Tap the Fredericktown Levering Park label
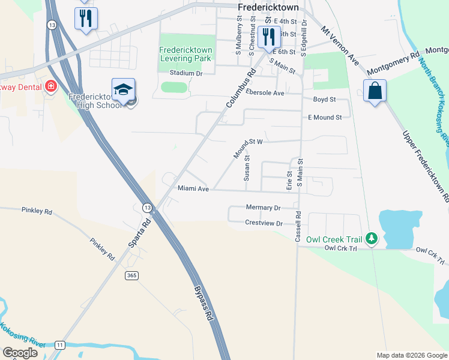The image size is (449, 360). click(x=185, y=55)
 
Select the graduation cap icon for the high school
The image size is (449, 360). click(x=124, y=90)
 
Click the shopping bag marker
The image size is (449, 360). click(x=375, y=91)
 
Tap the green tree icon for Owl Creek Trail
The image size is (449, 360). click(x=372, y=239)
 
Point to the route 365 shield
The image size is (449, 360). click(x=133, y=275)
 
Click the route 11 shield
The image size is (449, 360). click(x=59, y=345)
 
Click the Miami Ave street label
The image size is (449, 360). click(x=193, y=188)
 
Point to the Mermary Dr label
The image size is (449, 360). click(x=264, y=208)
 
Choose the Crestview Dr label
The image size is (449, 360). click(x=264, y=223)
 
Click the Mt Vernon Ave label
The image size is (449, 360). click(x=340, y=46)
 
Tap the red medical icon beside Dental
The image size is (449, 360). click(x=50, y=86)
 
